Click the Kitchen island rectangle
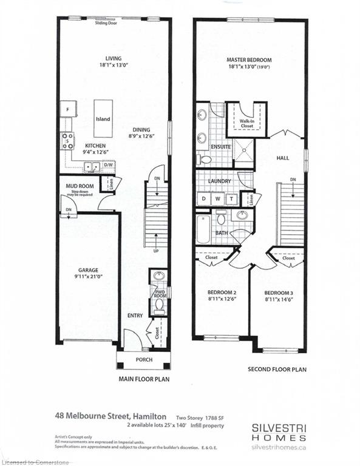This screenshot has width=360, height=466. coord(103,119)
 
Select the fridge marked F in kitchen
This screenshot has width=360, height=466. coord(67,110)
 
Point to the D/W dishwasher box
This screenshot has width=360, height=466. coord(109,165)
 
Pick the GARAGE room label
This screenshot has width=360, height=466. coord(87,270)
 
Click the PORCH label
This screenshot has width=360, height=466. coord(144,360)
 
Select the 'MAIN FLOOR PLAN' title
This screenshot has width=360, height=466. coord(143,379)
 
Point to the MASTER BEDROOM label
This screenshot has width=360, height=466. coord(249,60)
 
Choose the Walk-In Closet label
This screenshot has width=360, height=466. coord(246,124)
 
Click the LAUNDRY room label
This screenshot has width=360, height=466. coord(220,181)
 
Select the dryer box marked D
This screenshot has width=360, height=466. coord(203,198)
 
